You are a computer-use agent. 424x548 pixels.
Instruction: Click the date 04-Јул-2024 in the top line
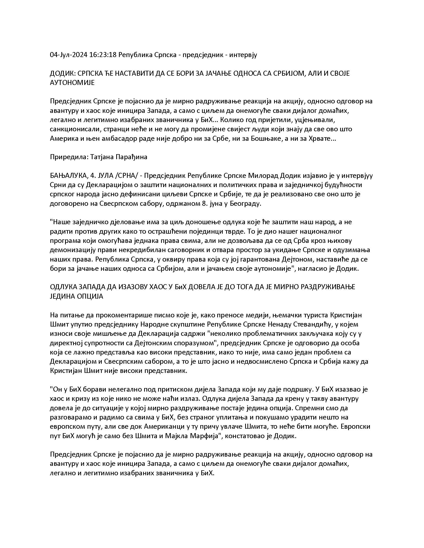pyautogui.click(x=69, y=55)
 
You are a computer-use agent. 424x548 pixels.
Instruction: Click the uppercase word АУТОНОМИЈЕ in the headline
pyautogui.click(x=72, y=82)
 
